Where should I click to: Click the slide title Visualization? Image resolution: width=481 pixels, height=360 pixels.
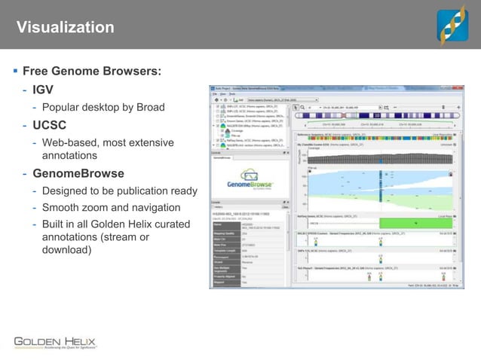[66, 28]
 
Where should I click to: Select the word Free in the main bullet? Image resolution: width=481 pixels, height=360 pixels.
[36, 72]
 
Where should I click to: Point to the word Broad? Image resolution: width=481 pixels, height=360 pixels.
[149, 107]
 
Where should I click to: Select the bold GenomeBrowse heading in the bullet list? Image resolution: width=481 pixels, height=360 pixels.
[83, 174]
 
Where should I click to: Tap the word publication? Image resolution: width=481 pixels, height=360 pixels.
[140, 191]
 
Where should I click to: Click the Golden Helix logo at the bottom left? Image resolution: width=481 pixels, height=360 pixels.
[55, 341]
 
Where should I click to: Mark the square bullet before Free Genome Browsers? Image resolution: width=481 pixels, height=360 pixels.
[15, 72]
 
